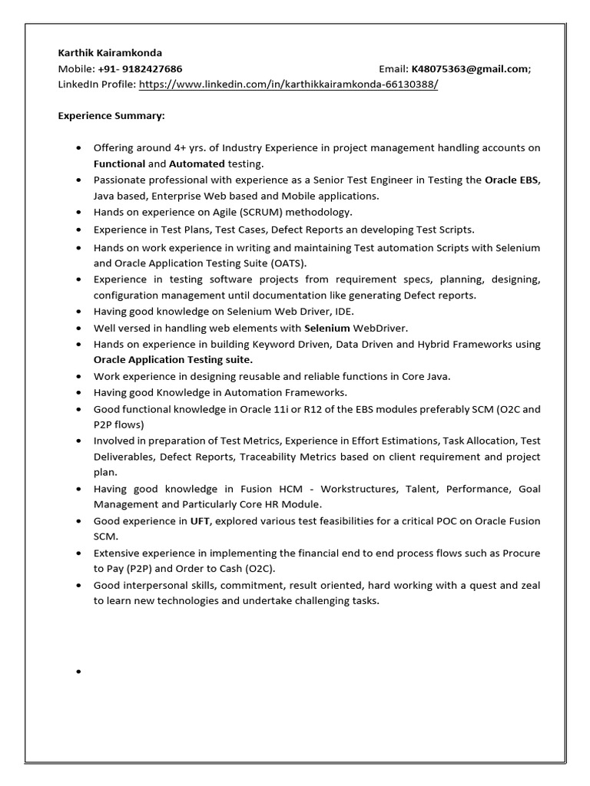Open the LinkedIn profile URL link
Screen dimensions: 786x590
pos(288,84)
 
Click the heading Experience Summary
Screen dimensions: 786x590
pos(111,116)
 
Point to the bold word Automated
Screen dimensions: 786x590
pos(197,163)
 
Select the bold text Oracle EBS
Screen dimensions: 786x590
pos(512,180)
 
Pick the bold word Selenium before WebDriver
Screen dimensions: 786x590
pos(327,328)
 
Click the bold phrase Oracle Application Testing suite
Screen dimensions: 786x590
pos(173,359)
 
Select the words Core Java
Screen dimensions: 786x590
pos(426,376)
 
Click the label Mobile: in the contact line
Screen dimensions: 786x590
pos(76,69)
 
